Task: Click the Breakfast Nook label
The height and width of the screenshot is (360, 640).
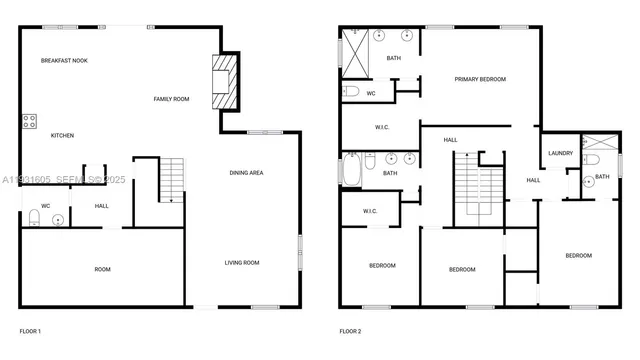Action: pyautogui.click(x=64, y=61)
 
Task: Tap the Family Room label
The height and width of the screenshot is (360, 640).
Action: pyautogui.click(x=171, y=99)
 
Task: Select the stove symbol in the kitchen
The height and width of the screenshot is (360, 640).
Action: pyautogui.click(x=30, y=122)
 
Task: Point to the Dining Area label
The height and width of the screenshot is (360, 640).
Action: pyautogui.click(x=246, y=173)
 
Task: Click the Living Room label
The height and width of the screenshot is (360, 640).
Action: pyautogui.click(x=241, y=263)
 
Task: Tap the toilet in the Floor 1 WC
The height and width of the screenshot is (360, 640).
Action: pyautogui.click(x=35, y=217)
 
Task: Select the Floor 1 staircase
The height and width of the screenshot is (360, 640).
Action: pyautogui.click(x=173, y=180)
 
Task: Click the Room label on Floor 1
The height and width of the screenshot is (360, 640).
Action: pyautogui.click(x=102, y=269)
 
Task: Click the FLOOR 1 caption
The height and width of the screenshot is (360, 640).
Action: pyautogui.click(x=30, y=331)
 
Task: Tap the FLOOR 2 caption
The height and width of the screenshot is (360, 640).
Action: pyautogui.click(x=350, y=331)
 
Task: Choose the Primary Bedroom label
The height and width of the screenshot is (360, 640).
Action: pyautogui.click(x=480, y=79)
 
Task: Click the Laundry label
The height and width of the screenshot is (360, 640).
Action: pyautogui.click(x=560, y=153)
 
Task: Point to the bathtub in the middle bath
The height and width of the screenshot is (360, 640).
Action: pyautogui.click(x=352, y=170)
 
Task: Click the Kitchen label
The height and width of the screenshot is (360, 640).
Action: pyautogui.click(x=62, y=136)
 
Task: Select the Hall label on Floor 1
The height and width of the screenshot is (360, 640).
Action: pyautogui.click(x=102, y=206)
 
